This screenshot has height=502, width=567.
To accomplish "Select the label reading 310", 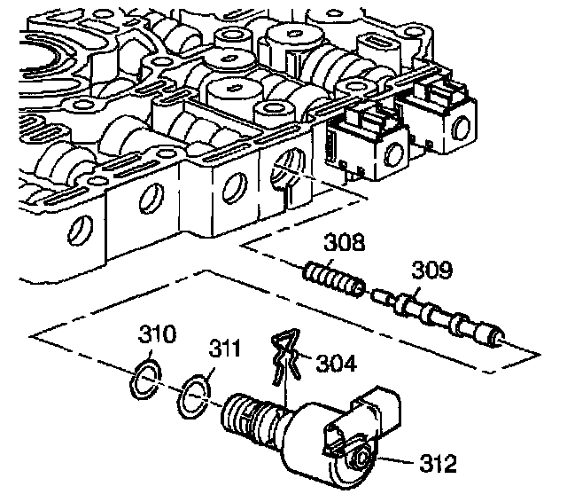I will click(x=156, y=335).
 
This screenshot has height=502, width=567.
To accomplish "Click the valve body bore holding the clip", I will click(x=288, y=168).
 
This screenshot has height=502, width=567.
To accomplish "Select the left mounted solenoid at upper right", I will click(x=362, y=146).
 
